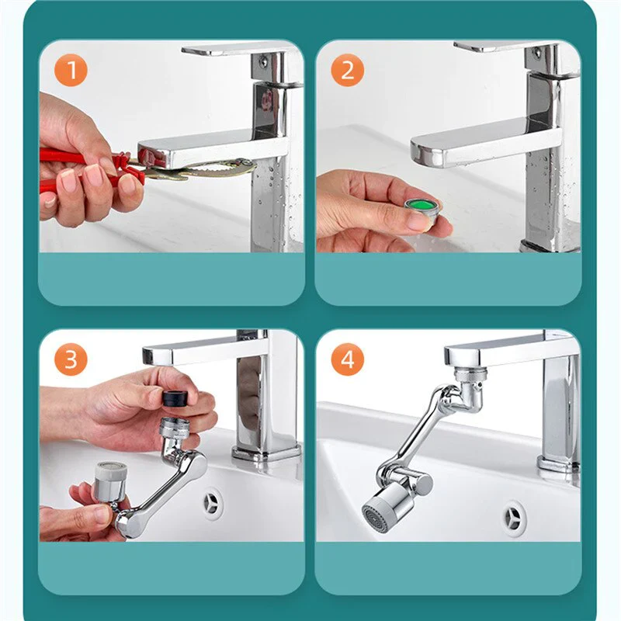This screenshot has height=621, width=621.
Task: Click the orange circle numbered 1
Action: [71, 70]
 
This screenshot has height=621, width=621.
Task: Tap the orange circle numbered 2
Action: [347, 70]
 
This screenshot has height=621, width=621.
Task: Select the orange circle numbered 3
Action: [71, 359]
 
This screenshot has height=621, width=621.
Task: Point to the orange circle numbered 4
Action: [347, 359]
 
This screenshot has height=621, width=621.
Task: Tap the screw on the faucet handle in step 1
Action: [263, 61]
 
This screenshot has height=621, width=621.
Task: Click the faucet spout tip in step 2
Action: [422, 152]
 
